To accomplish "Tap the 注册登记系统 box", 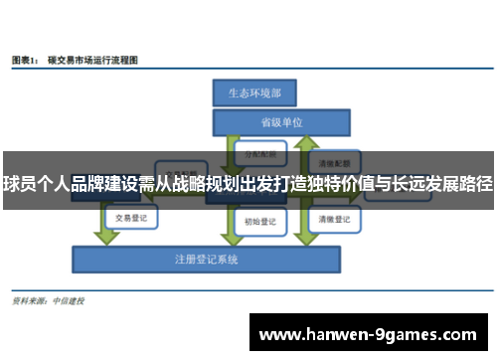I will pyautogui.click(x=207, y=260).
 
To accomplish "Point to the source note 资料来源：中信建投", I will pyautogui.click(x=47, y=299).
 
